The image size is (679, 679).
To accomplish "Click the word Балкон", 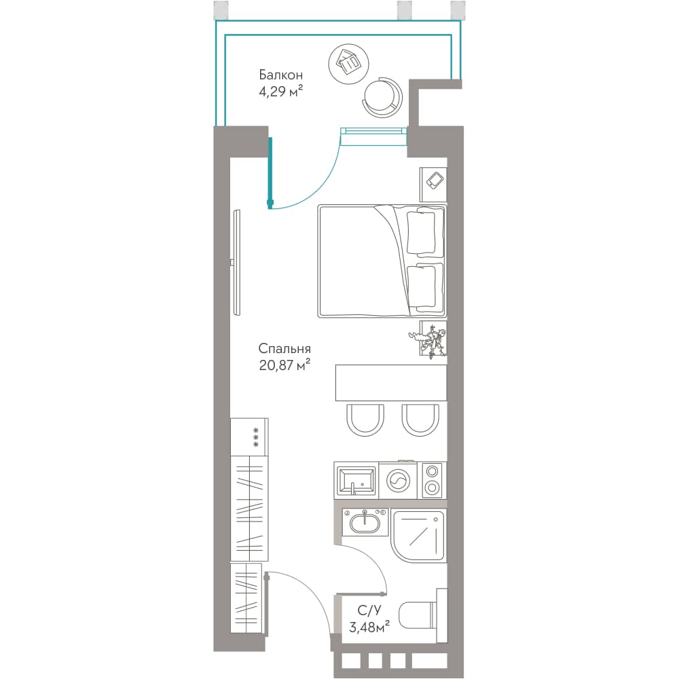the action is tap(280, 75).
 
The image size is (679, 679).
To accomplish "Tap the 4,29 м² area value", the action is tap(280, 92).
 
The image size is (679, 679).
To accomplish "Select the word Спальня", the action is tap(285, 348).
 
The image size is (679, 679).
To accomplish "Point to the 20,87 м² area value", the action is tap(285, 365).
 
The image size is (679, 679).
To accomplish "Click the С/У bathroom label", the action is tap(369, 610).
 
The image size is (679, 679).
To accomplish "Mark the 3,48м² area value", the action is tap(369, 627).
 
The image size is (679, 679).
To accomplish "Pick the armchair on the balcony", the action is tap(382, 96).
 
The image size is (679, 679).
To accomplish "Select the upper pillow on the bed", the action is tap(422, 232).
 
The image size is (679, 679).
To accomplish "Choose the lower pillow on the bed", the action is tap(422, 287).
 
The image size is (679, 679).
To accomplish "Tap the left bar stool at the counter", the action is tap(365, 420).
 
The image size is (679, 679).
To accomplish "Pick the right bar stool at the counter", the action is tap(420, 420).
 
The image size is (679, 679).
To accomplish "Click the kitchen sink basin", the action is tap(356, 480).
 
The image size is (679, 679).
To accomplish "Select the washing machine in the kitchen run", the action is tap(398, 480).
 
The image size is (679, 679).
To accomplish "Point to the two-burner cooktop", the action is tap(432, 480).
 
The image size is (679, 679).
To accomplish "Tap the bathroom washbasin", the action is tap(365, 522).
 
